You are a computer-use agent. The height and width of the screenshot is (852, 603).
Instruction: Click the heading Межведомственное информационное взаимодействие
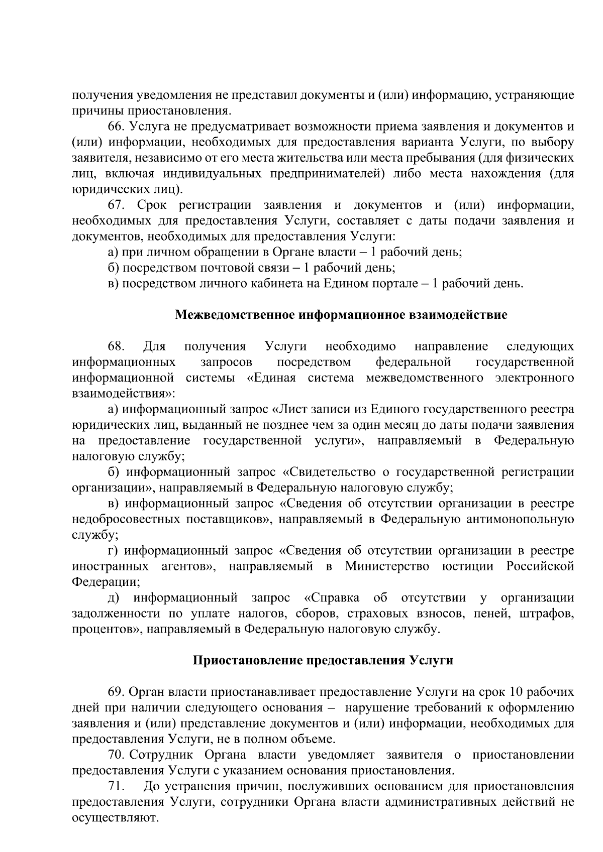click(341, 315)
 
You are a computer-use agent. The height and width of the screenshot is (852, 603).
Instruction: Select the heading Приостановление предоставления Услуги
click(323, 660)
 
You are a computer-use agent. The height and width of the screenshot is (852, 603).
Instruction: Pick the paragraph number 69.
click(117, 692)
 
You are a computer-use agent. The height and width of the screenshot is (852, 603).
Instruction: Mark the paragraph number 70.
click(117, 755)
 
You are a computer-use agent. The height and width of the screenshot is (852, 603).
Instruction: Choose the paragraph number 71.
click(117, 786)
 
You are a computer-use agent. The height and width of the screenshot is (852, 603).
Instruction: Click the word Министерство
click(387, 566)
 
